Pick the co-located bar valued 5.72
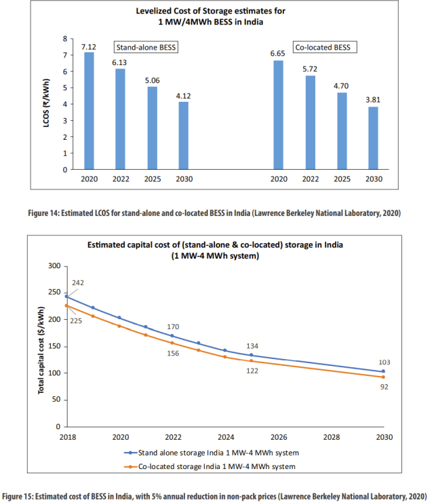click(310, 122)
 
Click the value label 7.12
click(88, 46)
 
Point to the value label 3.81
click(374, 100)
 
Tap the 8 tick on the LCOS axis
click(65, 39)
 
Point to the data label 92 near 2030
click(384, 387)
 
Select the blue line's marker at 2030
click(383, 371)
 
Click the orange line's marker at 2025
click(251, 361)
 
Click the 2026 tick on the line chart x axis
click(278, 436)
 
